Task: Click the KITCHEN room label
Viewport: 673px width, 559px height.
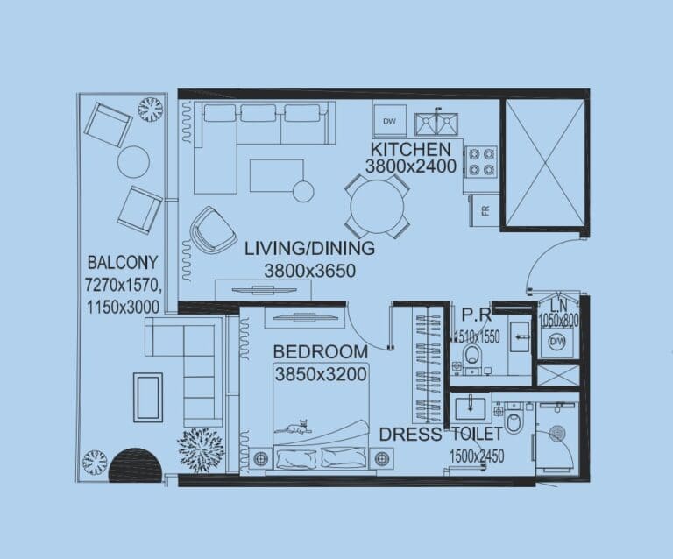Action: click(x=410, y=148)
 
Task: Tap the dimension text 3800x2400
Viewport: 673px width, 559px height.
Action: click(x=410, y=166)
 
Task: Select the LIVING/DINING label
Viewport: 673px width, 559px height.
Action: click(x=309, y=248)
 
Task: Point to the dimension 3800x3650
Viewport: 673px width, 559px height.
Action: click(x=309, y=271)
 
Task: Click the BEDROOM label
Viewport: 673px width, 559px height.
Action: click(x=320, y=351)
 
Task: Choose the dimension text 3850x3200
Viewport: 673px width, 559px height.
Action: click(x=320, y=374)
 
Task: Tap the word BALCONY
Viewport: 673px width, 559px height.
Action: click(x=122, y=262)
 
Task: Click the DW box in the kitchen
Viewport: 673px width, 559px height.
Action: click(x=389, y=120)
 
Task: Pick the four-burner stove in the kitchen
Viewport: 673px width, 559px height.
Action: click(x=481, y=160)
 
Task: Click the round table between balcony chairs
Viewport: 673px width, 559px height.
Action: click(x=133, y=161)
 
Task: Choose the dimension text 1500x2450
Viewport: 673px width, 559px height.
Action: click(x=478, y=456)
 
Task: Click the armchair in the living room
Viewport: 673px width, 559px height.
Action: click(x=213, y=230)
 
